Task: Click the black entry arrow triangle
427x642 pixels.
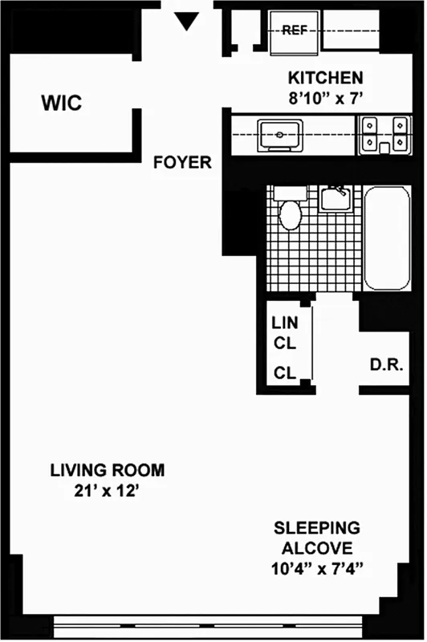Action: tap(187, 22)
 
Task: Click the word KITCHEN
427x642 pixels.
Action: tap(325, 78)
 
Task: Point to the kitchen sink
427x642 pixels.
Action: tap(278, 135)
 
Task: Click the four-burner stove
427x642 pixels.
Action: tap(382, 134)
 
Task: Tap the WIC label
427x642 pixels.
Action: tap(62, 104)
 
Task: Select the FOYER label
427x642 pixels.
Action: tap(183, 163)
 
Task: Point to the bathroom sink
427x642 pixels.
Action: tap(335, 197)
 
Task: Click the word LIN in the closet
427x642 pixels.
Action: tap(284, 324)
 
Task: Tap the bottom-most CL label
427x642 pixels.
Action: tap(284, 373)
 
